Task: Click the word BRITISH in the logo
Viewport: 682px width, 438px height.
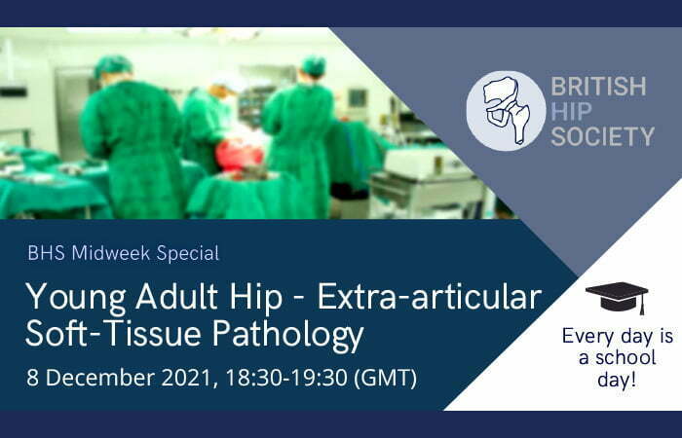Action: (597, 86)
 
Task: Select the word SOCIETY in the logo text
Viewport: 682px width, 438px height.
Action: (602, 136)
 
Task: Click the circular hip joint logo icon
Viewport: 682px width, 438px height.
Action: (504, 110)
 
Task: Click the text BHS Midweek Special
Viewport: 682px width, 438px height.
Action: (123, 254)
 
